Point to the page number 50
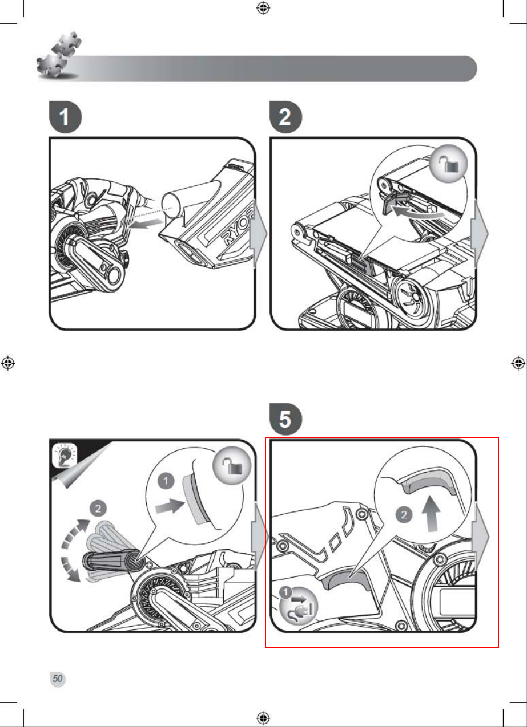pyautogui.click(x=58, y=679)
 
